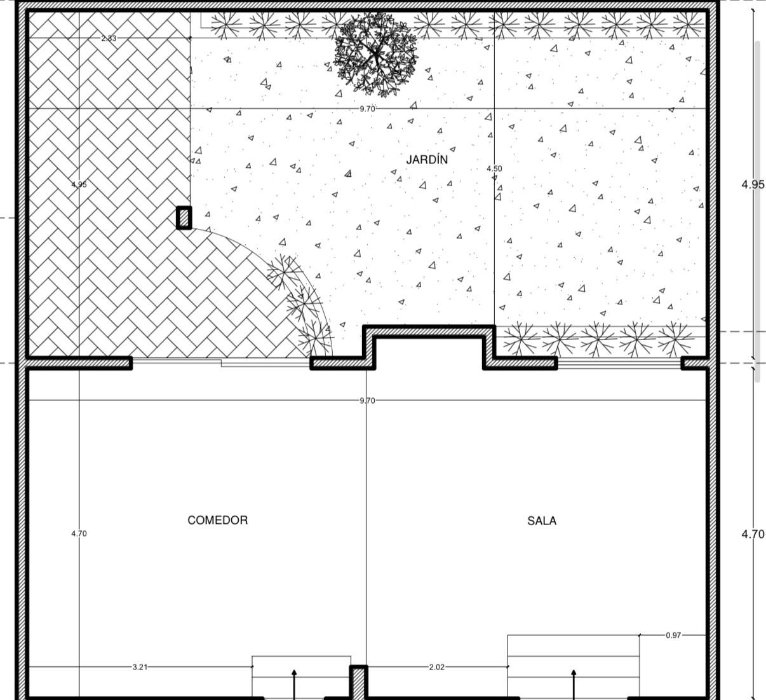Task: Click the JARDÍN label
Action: (427, 160)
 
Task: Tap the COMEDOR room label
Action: (218, 520)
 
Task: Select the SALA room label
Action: (542, 521)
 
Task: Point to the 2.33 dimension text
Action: (109, 38)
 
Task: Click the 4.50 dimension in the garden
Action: (495, 168)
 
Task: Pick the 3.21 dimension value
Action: (140, 667)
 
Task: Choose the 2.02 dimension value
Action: (437, 667)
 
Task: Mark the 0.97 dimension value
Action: (674, 635)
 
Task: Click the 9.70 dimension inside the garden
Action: (367, 109)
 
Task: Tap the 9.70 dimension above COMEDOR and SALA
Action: (367, 401)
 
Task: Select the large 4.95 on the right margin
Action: (753, 184)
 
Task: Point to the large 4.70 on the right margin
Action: (753, 534)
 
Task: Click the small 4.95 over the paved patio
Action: (79, 184)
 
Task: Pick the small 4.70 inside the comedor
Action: (79, 533)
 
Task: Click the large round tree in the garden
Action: (375, 54)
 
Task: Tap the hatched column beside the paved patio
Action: (184, 218)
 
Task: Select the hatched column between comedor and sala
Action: (359, 682)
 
